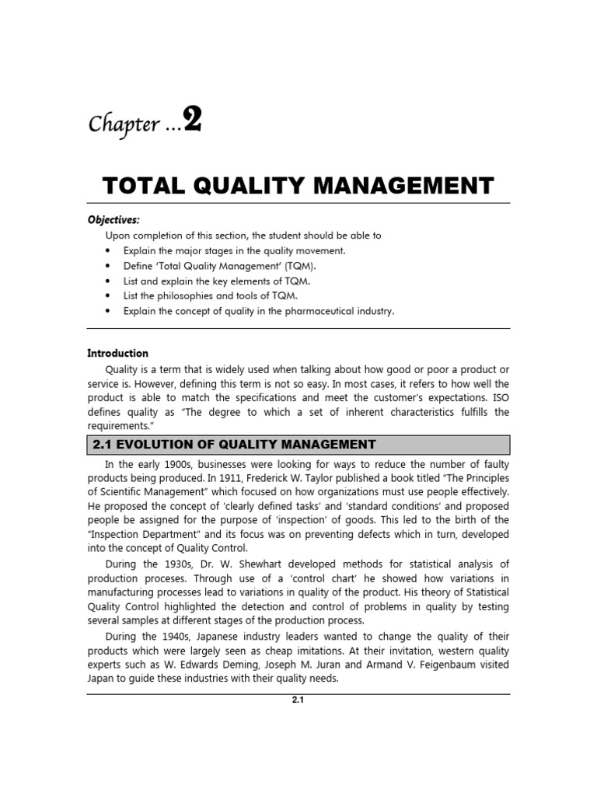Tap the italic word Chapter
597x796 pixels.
[120, 125]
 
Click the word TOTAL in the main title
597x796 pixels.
[141, 186]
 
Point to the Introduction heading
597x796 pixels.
[117, 353]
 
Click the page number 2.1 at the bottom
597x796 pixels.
[298, 700]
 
